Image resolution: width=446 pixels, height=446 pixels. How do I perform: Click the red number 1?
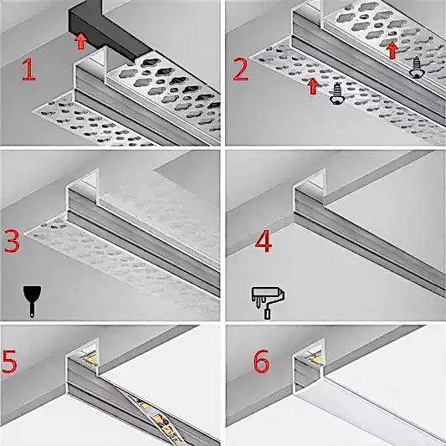[x=28, y=69]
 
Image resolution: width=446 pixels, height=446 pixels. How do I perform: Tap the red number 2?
[x=241, y=69]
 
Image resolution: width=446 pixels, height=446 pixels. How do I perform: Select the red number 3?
[x=12, y=242]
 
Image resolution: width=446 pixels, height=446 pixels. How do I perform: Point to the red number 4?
[x=264, y=243]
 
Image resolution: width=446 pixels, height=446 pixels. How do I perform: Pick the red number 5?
[x=9, y=361]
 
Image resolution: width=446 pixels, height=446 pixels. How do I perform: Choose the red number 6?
[x=261, y=361]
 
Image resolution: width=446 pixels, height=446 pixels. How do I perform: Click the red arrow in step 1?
[x=81, y=41]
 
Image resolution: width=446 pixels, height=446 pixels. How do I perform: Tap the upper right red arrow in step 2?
[x=392, y=50]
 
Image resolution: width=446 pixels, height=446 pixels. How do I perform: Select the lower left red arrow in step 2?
[x=313, y=86]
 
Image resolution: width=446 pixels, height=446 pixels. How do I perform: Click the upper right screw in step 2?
[x=417, y=68]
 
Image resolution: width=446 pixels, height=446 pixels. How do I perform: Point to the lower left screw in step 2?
[x=337, y=94]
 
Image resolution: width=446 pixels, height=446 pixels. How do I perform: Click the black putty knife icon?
[x=32, y=301]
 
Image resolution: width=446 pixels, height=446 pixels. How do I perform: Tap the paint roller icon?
[x=268, y=303]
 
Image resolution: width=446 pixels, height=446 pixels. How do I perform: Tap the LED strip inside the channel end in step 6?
[x=313, y=356]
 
